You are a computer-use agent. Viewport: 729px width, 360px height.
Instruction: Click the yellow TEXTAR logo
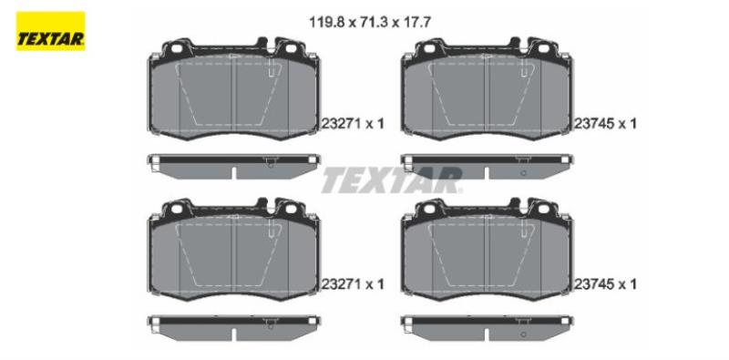(x=51, y=31)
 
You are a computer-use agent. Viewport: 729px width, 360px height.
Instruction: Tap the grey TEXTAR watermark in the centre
(x=392, y=180)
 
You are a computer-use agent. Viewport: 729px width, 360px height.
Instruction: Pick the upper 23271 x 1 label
(x=353, y=124)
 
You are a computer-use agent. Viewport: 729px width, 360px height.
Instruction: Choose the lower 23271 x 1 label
(x=353, y=284)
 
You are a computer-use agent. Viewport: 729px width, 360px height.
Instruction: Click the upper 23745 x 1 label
(x=605, y=124)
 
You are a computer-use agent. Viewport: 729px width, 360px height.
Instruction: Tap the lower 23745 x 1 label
(x=605, y=284)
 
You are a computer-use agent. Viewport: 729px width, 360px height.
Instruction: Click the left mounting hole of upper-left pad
(x=176, y=48)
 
